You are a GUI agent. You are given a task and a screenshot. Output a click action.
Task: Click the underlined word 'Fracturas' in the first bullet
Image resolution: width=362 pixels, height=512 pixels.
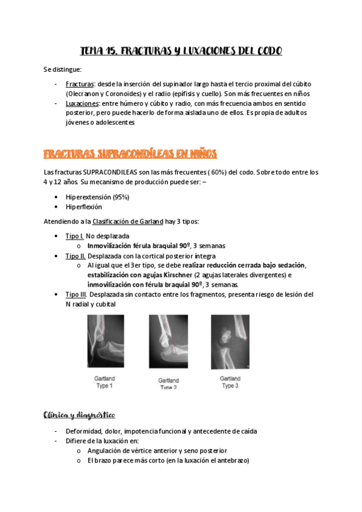click(x=79, y=84)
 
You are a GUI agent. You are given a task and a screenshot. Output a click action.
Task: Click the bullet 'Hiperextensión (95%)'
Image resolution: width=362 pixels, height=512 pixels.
click(x=97, y=197)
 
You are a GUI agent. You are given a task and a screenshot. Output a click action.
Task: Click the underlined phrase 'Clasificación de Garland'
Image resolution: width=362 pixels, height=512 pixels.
click(x=128, y=221)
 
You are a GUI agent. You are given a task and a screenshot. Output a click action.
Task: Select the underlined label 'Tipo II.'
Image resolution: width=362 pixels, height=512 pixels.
click(x=76, y=256)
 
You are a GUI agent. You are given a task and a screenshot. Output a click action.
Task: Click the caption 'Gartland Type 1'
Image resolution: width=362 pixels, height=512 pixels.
click(x=103, y=382)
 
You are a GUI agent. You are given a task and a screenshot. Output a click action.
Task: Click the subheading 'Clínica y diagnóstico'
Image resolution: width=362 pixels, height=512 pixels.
click(x=80, y=416)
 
